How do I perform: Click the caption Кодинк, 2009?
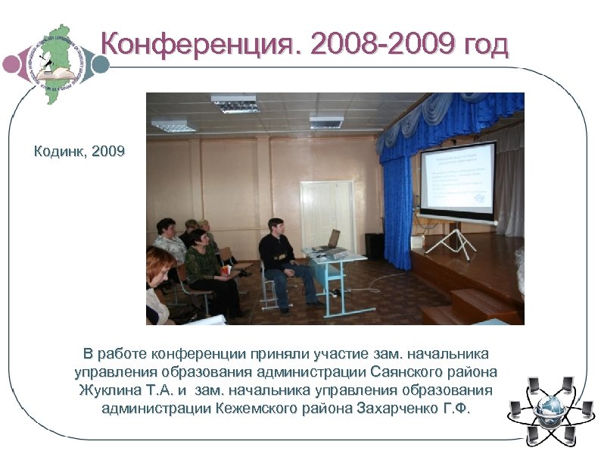[79, 152]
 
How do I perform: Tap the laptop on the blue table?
[325, 241]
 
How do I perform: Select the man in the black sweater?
[280, 258]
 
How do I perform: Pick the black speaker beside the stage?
[374, 246]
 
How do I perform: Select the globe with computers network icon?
[550, 410]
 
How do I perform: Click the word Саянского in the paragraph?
[409, 372]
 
